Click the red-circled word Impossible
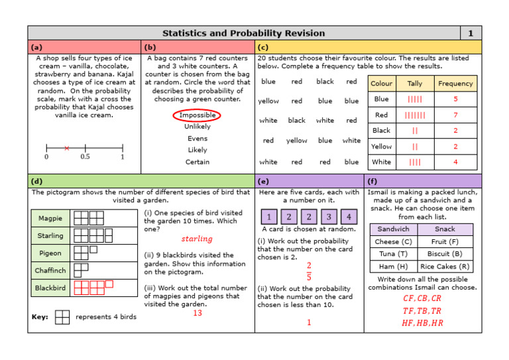[197, 115]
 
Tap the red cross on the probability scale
[66, 148]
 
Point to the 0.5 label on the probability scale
[85, 157]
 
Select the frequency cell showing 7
[455, 115]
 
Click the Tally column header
[414, 84]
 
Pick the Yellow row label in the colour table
[381, 147]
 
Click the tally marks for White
[414, 162]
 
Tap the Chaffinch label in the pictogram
[50, 270]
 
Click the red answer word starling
[197, 239]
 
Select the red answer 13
[198, 313]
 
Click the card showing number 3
[328, 217]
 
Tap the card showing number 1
[269, 217]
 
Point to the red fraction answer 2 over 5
[309, 271]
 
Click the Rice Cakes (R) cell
[445, 266]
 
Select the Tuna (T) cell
[393, 254]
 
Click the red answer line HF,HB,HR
[422, 323]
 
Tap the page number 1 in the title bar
[471, 33]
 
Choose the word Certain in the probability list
[197, 162]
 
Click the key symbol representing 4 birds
[62, 317]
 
